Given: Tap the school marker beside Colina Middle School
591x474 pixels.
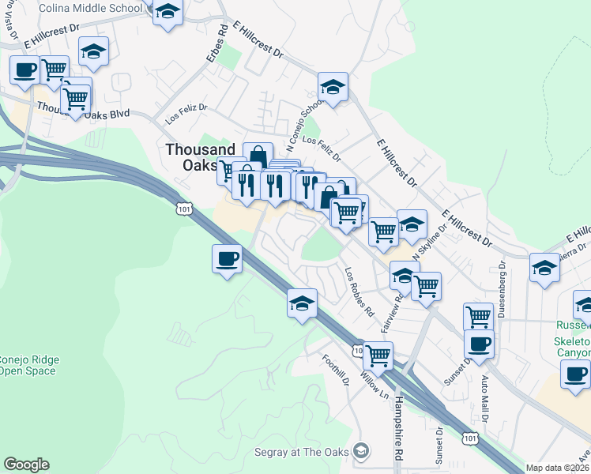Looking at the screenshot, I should pyautogui.click(x=168, y=13).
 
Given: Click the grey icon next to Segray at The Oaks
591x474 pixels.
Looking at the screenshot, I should pyautogui.click(x=361, y=451).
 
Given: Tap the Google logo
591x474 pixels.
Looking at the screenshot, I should pyautogui.click(x=26, y=465).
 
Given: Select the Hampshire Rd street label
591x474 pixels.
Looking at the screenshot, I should pyautogui.click(x=399, y=418).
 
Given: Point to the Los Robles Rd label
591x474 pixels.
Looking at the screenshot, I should pyautogui.click(x=359, y=291).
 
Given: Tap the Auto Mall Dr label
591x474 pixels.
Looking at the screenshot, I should pyautogui.click(x=485, y=398).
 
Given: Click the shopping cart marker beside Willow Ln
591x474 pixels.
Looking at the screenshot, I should pyautogui.click(x=378, y=355).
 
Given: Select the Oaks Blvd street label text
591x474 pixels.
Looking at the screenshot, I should pyautogui.click(x=107, y=114).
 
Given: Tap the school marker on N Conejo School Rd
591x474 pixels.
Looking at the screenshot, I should pyautogui.click(x=333, y=87).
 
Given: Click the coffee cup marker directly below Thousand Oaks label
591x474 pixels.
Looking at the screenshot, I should pyautogui.click(x=227, y=259).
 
